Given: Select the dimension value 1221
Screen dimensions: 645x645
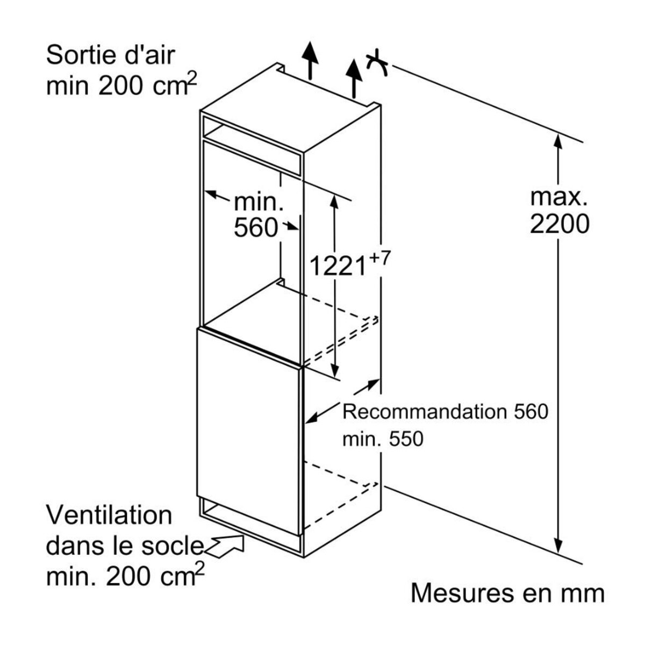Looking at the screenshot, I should coord(337,265).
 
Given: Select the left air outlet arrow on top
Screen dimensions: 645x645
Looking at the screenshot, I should coord(309,59).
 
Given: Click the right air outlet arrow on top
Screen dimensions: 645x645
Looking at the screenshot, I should coord(354,76).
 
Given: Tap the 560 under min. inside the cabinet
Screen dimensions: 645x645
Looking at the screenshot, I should coord(255,228).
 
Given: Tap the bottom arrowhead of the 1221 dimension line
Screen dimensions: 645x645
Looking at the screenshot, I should coord(335,372).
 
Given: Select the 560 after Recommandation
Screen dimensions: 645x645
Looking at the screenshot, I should coord(529,412).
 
